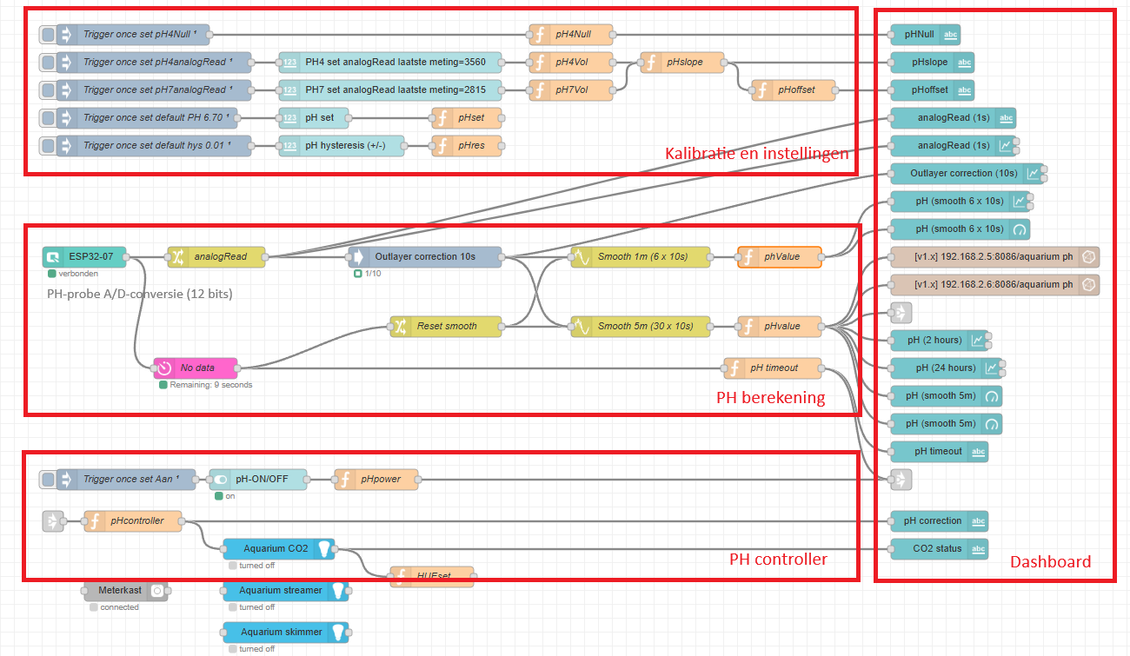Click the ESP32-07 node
(84, 256)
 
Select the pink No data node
(196, 368)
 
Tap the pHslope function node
(683, 62)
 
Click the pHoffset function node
(794, 89)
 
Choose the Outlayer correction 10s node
(426, 256)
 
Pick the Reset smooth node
(446, 326)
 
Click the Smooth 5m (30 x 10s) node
(641, 326)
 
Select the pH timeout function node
(773, 368)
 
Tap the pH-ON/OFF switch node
(258, 479)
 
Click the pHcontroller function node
(134, 520)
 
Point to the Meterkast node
(126, 590)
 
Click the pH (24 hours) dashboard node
(947, 368)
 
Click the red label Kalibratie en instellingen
(756, 154)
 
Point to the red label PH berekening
(770, 397)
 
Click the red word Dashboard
(1050, 562)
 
